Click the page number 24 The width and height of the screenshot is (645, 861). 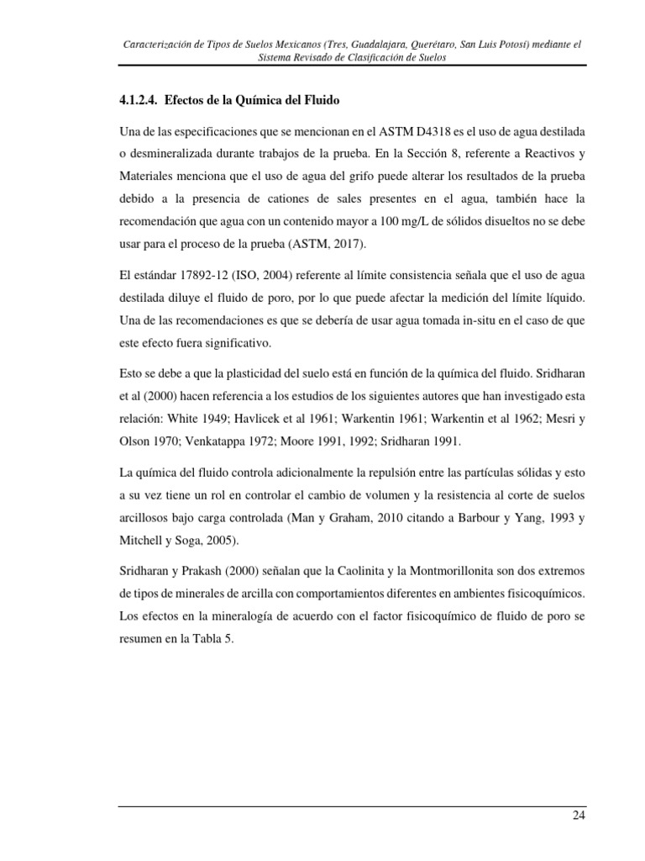point(579,816)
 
